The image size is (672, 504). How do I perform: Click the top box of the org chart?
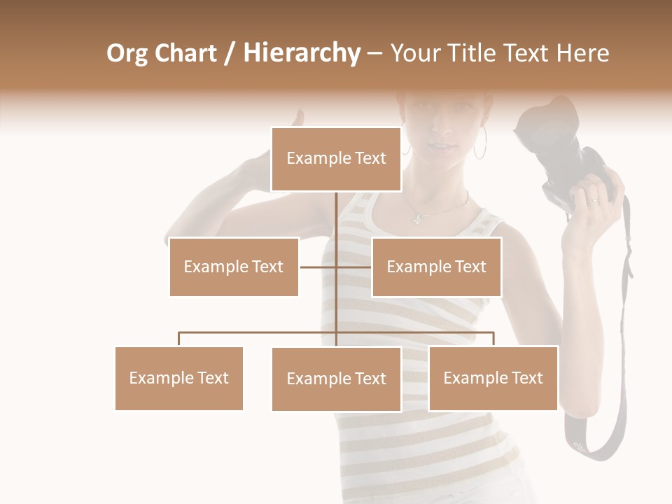point(336,159)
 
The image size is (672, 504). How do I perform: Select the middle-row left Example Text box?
point(234,267)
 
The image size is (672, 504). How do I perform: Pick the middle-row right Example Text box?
point(436,267)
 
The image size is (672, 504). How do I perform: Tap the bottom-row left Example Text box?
point(178,378)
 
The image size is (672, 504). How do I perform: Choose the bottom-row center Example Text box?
point(336,379)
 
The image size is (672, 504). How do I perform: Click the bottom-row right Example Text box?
point(493,378)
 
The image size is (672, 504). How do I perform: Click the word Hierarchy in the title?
point(302,53)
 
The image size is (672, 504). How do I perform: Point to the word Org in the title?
point(127,53)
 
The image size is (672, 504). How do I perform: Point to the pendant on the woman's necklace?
point(417,219)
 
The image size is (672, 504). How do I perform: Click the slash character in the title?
point(229,53)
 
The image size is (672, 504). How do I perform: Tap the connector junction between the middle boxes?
point(336,267)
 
